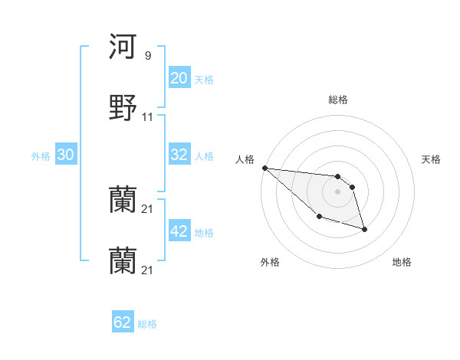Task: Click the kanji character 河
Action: [x=123, y=47]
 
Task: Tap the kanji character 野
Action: [x=123, y=107]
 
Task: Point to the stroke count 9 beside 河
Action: [x=147, y=56]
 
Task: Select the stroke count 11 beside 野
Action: [x=148, y=116]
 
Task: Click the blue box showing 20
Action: [x=179, y=78]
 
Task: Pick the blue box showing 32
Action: [x=179, y=155]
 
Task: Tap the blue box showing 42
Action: [x=179, y=231]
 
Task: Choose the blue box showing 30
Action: [x=65, y=155]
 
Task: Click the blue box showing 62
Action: [x=123, y=322]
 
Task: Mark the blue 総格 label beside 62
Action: [x=147, y=324]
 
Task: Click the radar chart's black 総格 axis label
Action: [x=337, y=100]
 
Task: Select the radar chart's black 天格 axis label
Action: [x=431, y=159]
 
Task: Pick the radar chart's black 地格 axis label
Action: [x=402, y=262]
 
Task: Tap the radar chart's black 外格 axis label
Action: [x=270, y=262]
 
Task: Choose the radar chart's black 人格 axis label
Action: [x=245, y=159]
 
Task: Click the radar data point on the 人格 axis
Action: [x=264, y=168]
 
